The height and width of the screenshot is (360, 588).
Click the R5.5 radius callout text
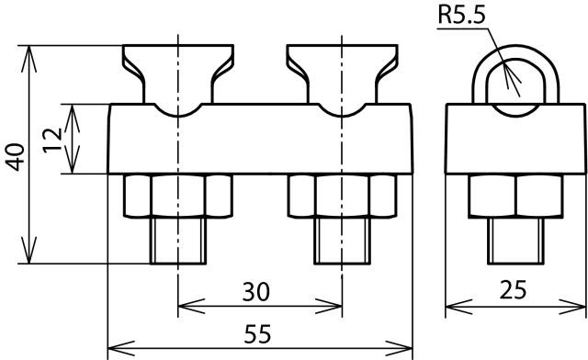[x=461, y=15]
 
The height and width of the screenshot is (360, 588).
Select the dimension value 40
[x=16, y=157]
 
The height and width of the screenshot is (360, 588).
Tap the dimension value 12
[x=52, y=140]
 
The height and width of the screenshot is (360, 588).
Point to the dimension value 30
[x=255, y=292]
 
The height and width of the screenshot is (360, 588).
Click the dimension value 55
[x=257, y=334]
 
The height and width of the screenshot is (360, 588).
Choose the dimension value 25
[x=513, y=289]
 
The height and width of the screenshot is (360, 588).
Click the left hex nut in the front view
[x=178, y=196]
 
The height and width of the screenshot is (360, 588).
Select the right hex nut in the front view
[x=343, y=196]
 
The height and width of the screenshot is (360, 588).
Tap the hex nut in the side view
[x=515, y=196]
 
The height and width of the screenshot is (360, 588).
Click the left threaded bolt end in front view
[x=178, y=241]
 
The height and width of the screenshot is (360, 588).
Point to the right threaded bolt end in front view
[x=343, y=241]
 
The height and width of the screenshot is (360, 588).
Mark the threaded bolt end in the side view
[x=516, y=241]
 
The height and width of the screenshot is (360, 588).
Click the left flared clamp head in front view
[x=178, y=73]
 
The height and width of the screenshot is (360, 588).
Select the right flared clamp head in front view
[x=343, y=73]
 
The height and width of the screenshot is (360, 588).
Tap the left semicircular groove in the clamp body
[x=178, y=116]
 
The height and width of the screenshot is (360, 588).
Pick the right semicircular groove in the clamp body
[x=342, y=116]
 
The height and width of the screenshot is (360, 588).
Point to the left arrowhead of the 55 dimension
[x=120, y=349]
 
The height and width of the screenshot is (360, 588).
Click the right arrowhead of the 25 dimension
[x=572, y=307]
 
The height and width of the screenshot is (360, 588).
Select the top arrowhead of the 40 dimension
[x=28, y=59]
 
